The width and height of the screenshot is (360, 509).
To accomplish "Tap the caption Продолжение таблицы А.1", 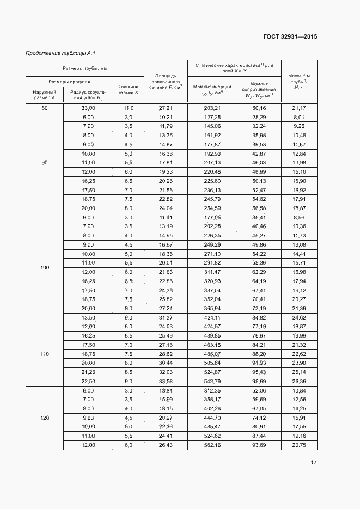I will [61, 53].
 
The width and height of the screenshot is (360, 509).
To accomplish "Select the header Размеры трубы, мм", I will [84, 68].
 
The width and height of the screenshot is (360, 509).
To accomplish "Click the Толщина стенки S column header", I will [129, 90].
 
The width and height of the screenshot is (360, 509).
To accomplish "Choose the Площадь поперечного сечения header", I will [166, 81].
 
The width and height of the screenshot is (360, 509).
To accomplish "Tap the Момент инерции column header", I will [212, 90].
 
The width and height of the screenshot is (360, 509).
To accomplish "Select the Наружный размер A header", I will [45, 95].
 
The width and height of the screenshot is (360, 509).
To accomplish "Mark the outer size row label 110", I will [45, 354].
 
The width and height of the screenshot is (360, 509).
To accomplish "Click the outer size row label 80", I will [45, 108].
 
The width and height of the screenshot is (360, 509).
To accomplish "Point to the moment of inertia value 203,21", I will [212, 108].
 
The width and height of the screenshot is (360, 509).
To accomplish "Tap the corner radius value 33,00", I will [88, 108].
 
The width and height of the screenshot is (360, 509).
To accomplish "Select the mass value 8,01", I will [298, 117].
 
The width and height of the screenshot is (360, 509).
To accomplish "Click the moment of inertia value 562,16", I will [212, 445].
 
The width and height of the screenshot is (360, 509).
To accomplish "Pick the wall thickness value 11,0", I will [129, 108].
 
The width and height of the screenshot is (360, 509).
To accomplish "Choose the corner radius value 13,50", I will [88, 317].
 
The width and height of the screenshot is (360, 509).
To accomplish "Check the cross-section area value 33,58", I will [166, 381].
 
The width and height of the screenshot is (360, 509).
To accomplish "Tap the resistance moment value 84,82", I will [259, 317].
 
